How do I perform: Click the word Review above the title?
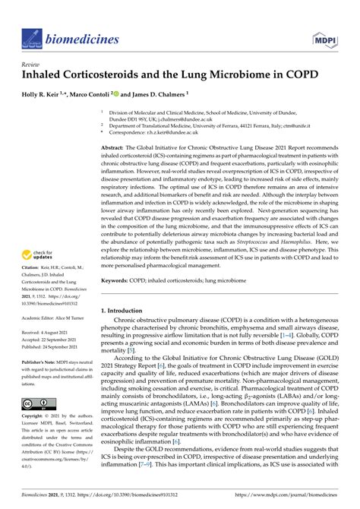[31, 65]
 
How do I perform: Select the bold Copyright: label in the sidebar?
[33, 416]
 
